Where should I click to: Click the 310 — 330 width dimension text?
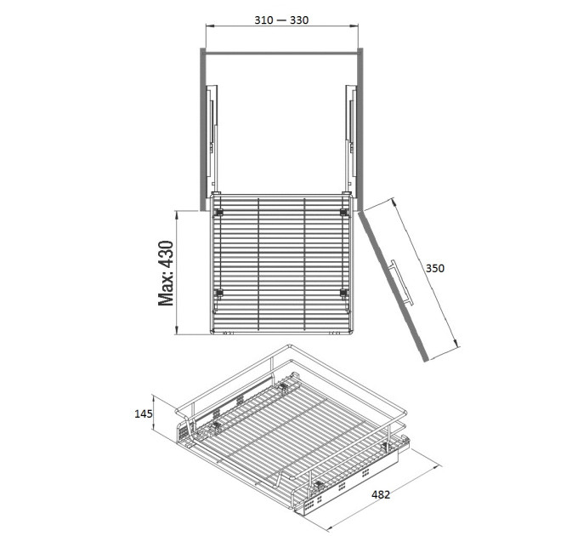(x=281, y=20)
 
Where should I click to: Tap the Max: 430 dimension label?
(x=166, y=273)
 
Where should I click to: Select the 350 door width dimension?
(x=435, y=268)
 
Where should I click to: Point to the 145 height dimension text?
(x=143, y=413)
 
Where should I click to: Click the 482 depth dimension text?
(x=381, y=494)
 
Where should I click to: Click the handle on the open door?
(x=401, y=282)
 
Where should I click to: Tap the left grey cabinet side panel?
(x=203, y=129)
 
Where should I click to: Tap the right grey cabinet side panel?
(x=360, y=129)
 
